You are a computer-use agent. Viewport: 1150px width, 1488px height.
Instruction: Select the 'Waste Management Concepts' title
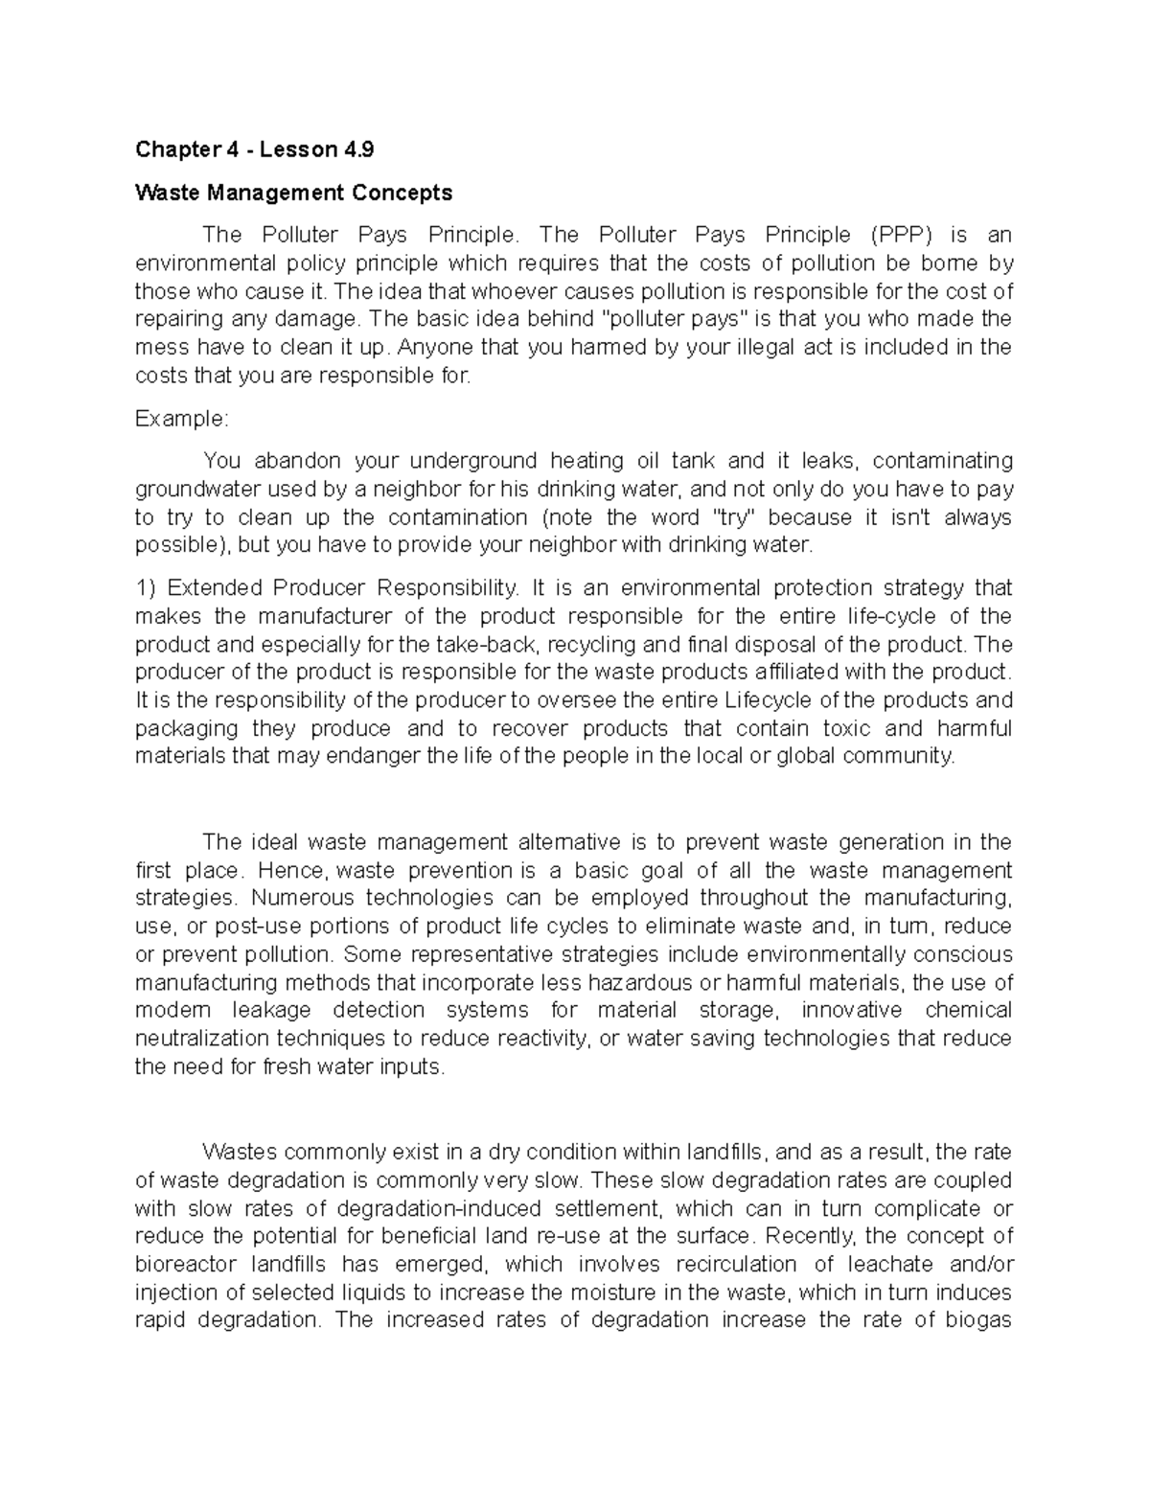click(x=293, y=193)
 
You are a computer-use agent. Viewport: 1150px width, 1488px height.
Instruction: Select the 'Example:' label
click(x=182, y=419)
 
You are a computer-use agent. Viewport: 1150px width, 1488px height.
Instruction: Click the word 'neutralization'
click(x=202, y=1039)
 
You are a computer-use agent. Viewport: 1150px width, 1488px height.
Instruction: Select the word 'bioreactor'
click(x=185, y=1264)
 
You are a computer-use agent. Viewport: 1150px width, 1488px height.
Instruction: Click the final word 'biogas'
click(x=975, y=1320)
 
